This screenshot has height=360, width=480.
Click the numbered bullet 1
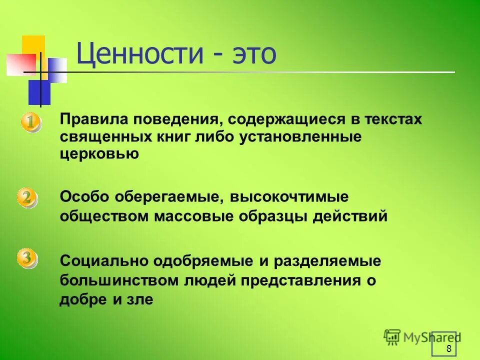(x=30, y=122)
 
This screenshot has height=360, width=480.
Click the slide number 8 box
(x=444, y=343)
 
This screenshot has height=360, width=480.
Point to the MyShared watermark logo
(x=422, y=337)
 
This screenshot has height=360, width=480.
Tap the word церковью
(x=99, y=153)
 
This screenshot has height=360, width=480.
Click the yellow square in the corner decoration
(x=33, y=46)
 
